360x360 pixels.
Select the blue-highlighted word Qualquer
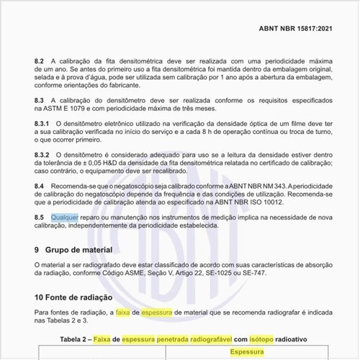(65, 217)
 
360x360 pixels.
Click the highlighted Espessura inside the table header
(246, 353)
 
